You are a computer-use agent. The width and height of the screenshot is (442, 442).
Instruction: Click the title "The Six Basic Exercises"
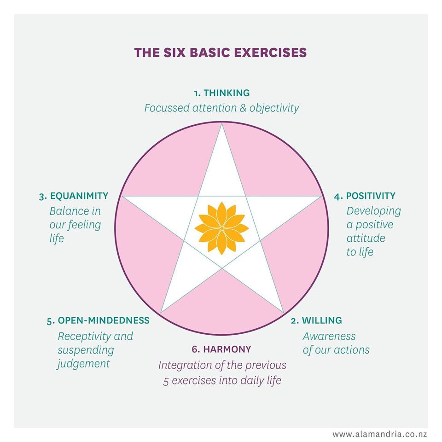(x=221, y=52)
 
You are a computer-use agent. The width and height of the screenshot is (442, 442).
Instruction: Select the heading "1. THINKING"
(x=221, y=93)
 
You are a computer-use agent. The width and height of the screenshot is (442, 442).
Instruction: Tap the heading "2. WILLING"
(x=316, y=320)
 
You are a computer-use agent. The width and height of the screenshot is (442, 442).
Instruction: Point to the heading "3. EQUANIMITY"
(x=74, y=196)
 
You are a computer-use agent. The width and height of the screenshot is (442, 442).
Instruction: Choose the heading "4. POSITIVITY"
(x=365, y=196)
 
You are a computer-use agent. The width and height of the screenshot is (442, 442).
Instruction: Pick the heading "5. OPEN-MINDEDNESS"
(x=98, y=320)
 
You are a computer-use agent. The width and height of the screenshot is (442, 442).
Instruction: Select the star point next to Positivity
(x=319, y=197)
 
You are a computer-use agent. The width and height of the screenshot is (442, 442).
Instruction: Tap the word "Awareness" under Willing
(x=329, y=336)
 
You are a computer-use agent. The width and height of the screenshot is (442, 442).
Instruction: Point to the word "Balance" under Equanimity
(x=69, y=211)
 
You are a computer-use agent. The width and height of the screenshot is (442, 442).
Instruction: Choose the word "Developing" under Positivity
(x=374, y=211)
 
